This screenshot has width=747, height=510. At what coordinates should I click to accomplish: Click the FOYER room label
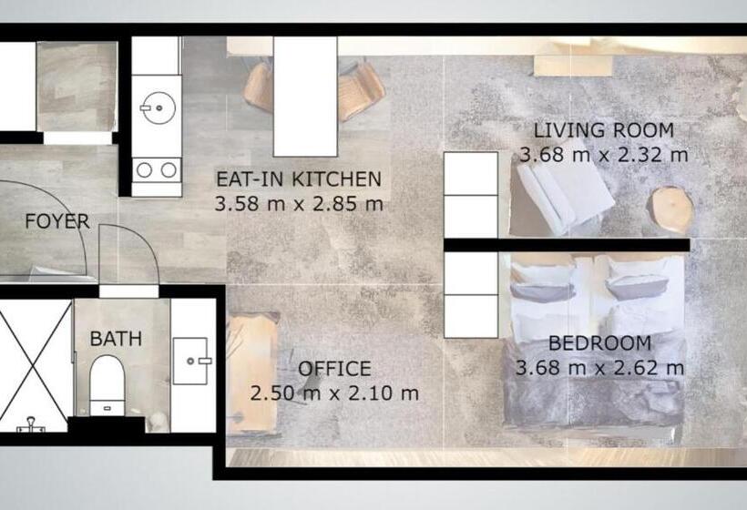(56, 221)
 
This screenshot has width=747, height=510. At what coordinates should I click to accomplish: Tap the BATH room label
(116, 339)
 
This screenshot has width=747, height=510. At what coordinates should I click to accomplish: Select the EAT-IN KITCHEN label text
(298, 178)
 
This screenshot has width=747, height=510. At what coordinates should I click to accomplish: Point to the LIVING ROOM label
(604, 130)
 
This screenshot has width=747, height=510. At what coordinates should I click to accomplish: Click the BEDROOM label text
(599, 344)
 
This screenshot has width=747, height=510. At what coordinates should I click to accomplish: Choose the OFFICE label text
(334, 369)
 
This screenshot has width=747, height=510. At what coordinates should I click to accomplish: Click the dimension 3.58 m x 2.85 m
(299, 203)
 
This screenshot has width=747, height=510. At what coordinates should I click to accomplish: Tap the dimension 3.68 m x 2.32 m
(604, 155)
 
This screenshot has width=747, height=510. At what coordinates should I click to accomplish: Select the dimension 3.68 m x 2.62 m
(599, 369)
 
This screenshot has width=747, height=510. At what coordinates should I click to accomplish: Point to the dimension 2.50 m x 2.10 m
(334, 393)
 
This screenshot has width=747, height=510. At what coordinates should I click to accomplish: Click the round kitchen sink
(156, 108)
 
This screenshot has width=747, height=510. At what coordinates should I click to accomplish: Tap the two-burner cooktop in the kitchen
(156, 169)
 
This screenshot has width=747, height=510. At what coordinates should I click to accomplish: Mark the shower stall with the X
(35, 364)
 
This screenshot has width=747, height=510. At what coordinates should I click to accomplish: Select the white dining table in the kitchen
(305, 96)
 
